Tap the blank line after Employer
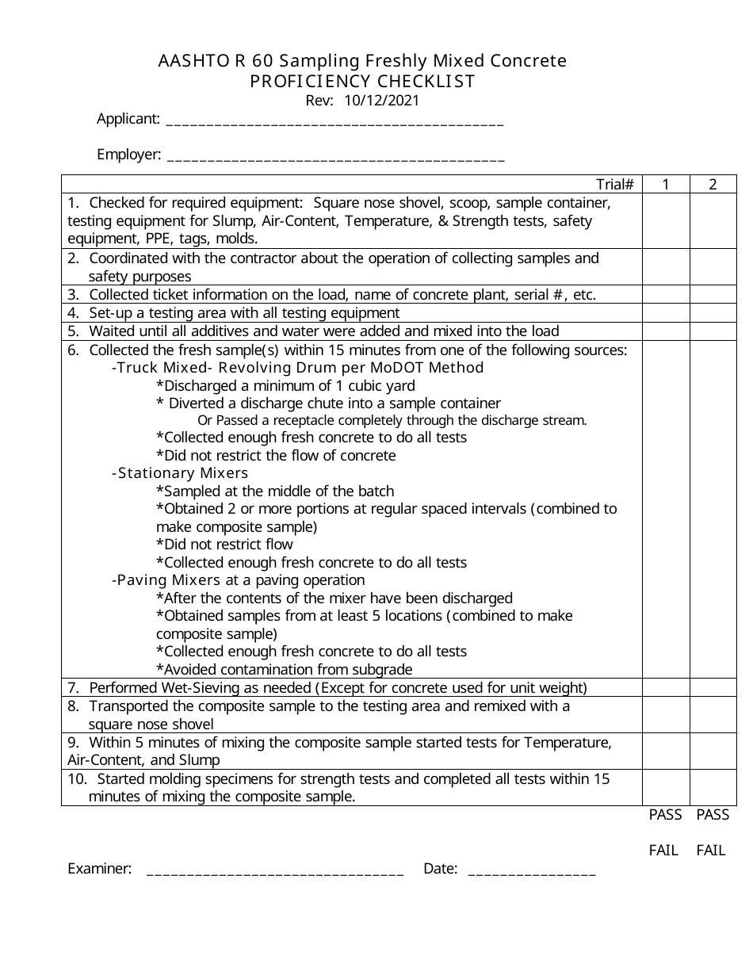pos(336,156)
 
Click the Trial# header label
pos(614,185)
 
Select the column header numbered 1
pos(666,185)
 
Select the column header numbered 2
pos(713,185)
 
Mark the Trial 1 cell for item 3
pos(666,295)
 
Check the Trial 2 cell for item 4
pos(713,313)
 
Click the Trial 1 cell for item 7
pos(666,687)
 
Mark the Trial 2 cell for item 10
pos(713,788)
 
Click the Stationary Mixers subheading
pos(180,473)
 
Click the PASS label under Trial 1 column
pos(665,815)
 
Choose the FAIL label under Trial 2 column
pos(711,851)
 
